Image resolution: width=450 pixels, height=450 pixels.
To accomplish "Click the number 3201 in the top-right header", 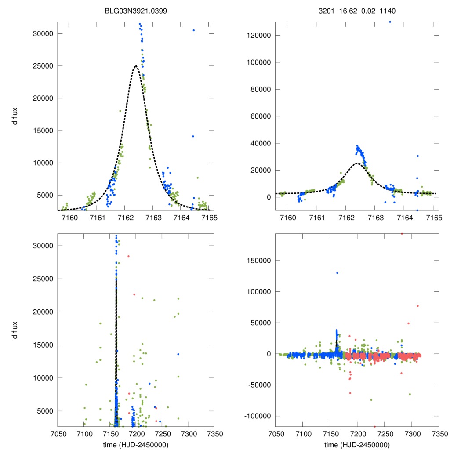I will point(326,11).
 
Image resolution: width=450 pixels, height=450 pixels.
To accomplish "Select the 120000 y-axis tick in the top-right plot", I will point(256,35).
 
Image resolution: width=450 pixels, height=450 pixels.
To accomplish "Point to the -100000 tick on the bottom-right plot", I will point(255,416).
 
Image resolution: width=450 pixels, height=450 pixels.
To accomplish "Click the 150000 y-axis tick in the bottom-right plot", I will point(256,260).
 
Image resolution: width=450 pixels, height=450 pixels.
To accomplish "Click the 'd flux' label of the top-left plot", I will point(15,116).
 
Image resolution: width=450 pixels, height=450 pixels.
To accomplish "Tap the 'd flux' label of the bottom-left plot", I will point(15,330).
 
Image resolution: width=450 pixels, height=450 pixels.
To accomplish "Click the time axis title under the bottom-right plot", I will point(357,445).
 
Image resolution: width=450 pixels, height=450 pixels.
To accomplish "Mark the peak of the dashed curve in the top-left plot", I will point(136,66).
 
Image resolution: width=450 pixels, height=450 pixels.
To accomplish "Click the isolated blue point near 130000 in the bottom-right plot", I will point(337,273).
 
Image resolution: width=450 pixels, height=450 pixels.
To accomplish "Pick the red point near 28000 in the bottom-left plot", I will point(128,256).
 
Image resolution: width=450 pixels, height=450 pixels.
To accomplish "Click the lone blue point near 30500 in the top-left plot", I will point(193,30).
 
